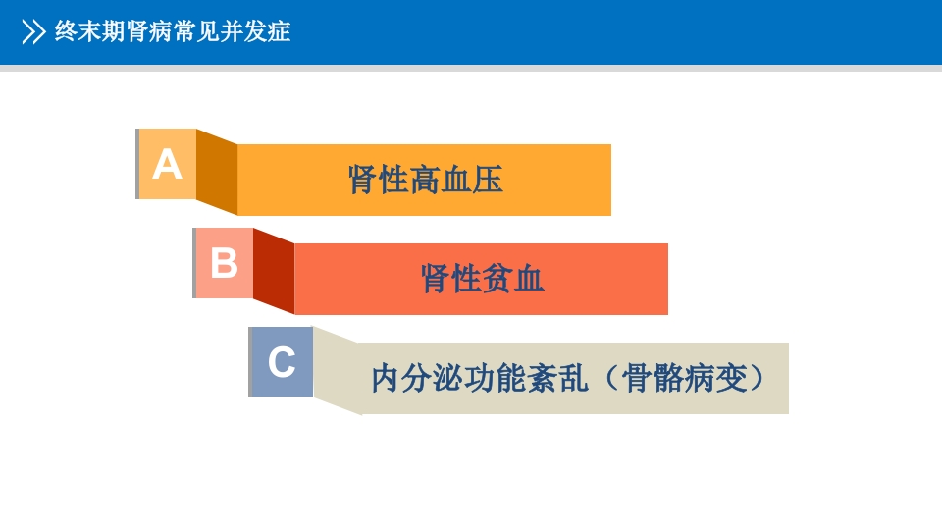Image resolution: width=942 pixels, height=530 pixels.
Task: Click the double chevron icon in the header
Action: tap(33, 32)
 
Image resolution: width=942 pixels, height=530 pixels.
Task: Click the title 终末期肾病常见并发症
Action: tap(173, 32)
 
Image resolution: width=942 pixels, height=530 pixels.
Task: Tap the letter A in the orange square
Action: tap(167, 164)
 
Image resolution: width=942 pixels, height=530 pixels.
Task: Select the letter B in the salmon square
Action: tap(224, 263)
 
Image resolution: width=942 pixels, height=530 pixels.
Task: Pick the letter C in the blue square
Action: tap(282, 362)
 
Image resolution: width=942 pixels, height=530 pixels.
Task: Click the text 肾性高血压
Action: tap(425, 180)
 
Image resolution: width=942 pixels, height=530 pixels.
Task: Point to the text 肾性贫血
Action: tap(482, 279)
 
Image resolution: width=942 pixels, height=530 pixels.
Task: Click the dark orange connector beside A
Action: tap(217, 172)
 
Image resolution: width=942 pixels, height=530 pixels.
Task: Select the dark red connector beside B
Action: tap(274, 271)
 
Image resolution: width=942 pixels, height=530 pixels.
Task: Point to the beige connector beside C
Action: tap(336, 371)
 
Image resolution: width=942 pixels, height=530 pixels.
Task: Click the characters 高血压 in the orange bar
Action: tap(456, 180)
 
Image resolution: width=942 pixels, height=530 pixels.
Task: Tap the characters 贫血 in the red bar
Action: tap(513, 279)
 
